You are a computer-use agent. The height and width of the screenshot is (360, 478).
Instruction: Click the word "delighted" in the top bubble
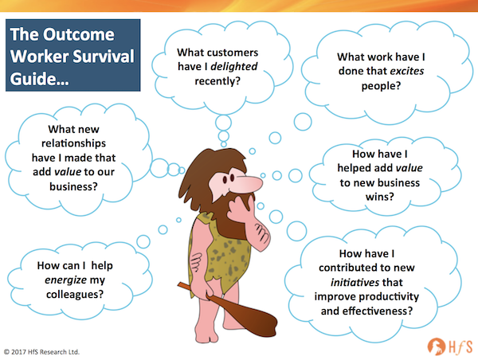234,67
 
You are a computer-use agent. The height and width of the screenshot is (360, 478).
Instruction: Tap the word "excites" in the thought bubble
407,71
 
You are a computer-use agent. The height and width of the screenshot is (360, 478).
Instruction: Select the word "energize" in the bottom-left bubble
66,280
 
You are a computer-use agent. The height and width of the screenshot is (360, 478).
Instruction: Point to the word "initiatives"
355,282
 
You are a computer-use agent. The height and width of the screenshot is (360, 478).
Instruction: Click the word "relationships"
73,143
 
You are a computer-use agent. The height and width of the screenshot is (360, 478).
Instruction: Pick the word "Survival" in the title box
104,57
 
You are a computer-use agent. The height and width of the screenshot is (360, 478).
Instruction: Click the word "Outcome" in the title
79,34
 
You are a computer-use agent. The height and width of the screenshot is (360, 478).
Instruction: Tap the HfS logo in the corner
450,346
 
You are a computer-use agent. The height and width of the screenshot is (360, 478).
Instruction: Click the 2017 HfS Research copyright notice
41,352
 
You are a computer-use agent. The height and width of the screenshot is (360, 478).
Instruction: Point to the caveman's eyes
229,178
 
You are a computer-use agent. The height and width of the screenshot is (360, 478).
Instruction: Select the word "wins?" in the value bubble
379,197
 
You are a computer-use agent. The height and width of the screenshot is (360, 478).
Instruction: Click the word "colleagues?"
75,295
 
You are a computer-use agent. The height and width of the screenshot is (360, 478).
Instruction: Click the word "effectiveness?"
378,311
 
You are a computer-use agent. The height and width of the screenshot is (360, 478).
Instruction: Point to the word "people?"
381,86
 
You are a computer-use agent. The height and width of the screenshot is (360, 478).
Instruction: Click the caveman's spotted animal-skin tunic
220,253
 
